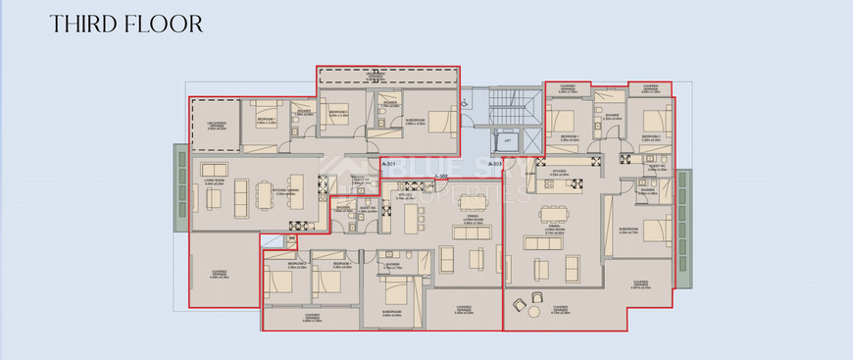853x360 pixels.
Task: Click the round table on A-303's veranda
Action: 532,311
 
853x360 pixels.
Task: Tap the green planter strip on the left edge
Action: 180,187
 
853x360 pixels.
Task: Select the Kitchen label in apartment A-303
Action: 559,171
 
